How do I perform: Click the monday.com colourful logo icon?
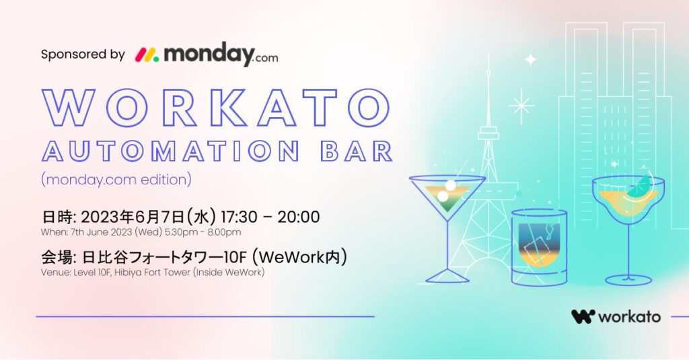(147, 55)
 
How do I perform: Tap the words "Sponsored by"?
(83, 55)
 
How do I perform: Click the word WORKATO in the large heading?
(216, 108)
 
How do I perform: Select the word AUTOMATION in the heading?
(171, 151)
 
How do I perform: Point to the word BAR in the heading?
(357, 151)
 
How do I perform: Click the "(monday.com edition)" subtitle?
(116, 180)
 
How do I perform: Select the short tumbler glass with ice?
(539, 248)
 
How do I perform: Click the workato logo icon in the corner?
(583, 316)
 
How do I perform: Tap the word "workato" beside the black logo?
(629, 317)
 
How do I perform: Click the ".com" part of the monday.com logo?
(266, 58)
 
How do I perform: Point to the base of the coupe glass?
(628, 279)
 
